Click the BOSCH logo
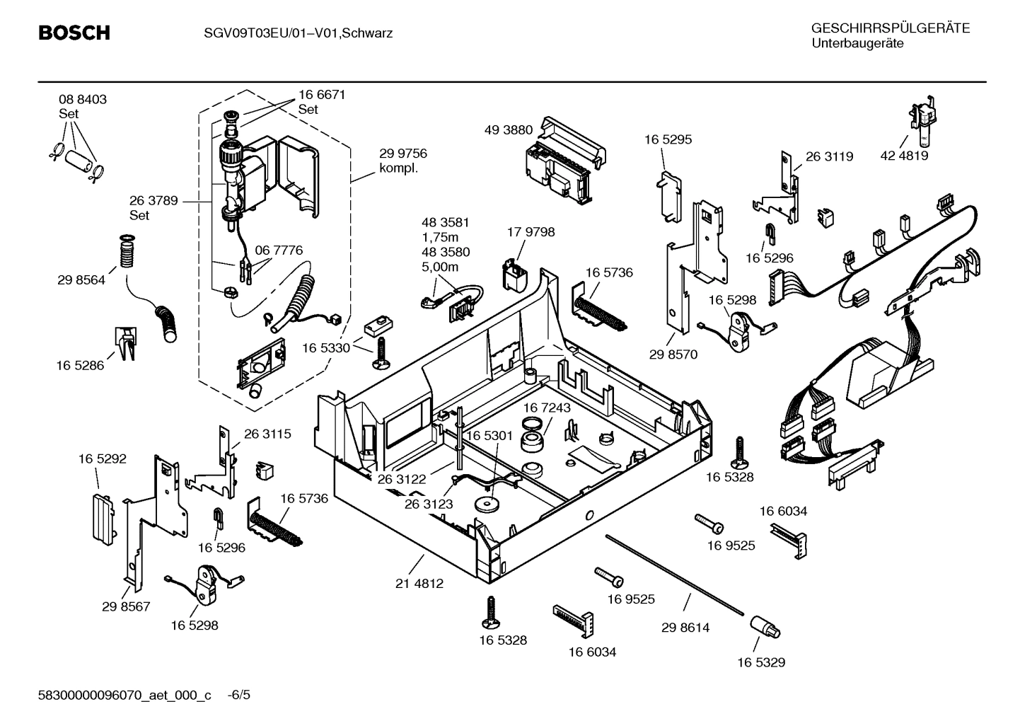tap(74, 33)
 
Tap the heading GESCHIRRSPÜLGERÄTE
tap(890, 28)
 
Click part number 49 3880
tap(509, 130)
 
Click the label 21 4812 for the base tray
tap(419, 584)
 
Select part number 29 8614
tap(685, 627)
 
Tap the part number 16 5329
tap(760, 662)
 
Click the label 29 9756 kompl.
tap(402, 161)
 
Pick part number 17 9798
tap(531, 232)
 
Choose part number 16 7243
tap(546, 408)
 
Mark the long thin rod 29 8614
tap(672, 573)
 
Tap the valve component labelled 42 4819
tap(922, 117)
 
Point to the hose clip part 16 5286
tap(124, 342)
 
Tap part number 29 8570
tap(673, 354)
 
